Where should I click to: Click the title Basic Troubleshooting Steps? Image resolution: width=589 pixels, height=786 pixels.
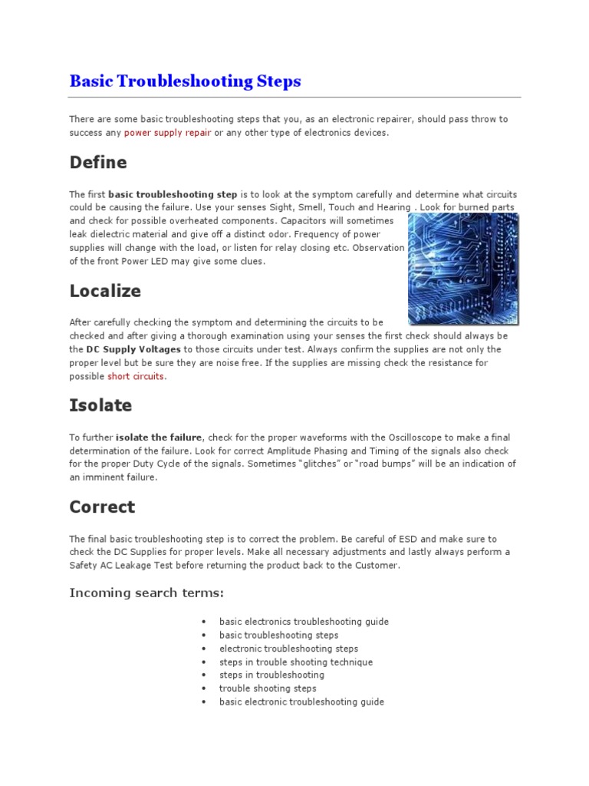coord(185,81)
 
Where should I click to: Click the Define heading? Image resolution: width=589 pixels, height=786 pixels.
coord(98,163)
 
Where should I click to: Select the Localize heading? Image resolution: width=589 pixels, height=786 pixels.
coord(105,291)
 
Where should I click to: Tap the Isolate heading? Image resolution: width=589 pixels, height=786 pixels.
coord(100,405)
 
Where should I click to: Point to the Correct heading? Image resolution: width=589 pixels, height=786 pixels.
coord(102,507)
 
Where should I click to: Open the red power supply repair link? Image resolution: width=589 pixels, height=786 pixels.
coord(167,133)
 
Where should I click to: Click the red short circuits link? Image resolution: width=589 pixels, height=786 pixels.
coord(136,376)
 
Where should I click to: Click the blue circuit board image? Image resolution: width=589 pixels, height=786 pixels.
coord(462,268)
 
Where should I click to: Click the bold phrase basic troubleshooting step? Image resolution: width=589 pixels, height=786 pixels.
coord(173,195)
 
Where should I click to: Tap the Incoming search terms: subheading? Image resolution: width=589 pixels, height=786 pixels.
coord(146,593)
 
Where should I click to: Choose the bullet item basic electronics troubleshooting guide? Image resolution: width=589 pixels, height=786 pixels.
coord(304,622)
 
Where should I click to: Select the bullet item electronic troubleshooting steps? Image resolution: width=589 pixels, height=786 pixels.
coord(288,649)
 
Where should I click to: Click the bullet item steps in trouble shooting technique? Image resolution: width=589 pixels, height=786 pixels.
coord(296,662)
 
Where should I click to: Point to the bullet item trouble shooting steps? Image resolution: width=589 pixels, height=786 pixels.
coord(268,689)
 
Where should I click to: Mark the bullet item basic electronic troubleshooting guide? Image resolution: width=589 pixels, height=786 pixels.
coord(301,702)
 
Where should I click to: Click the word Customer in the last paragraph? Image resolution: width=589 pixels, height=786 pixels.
coord(377,566)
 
